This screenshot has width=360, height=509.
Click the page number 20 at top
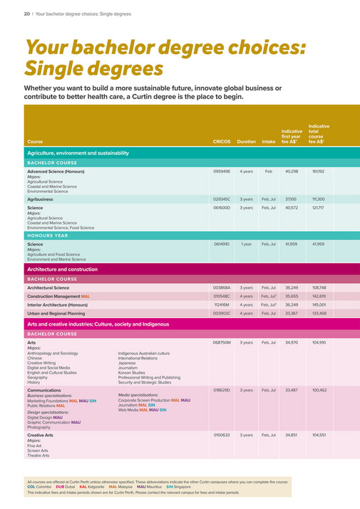[26, 13]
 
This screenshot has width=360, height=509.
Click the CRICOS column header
[222, 141]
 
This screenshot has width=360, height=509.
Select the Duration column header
[246, 141]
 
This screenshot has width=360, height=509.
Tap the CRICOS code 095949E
[222, 172]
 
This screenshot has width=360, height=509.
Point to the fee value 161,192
[318, 172]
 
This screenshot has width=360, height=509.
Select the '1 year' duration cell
[246, 244]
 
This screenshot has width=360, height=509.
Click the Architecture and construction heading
[62, 269]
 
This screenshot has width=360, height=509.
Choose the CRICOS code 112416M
[222, 304]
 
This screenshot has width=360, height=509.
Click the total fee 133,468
[318, 313]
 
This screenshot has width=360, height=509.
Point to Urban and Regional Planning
[56, 313]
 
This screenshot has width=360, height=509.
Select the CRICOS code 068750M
[222, 343]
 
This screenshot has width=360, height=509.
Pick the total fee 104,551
[318, 435]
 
